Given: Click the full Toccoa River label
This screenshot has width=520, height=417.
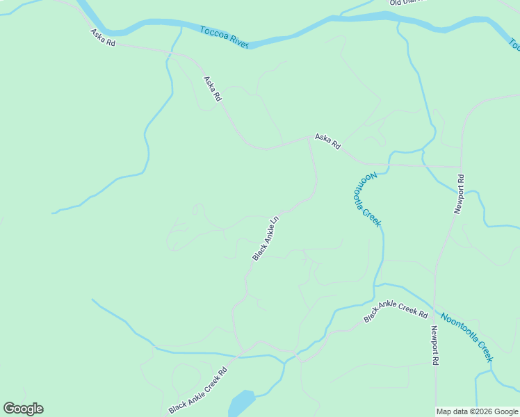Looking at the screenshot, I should pyautogui.click(x=224, y=37).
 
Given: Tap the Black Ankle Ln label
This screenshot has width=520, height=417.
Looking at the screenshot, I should pyautogui.click(x=266, y=238).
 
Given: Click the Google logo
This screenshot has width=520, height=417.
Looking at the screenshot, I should pyautogui.click(x=23, y=409).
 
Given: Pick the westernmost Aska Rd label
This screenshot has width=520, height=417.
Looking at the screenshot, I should pyautogui.click(x=102, y=38).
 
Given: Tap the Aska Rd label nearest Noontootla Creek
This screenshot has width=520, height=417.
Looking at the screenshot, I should pyautogui.click(x=327, y=141).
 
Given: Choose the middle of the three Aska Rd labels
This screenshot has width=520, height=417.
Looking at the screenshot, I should pyautogui.click(x=212, y=89).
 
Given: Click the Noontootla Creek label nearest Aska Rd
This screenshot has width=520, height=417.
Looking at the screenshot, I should pyautogui.click(x=366, y=199).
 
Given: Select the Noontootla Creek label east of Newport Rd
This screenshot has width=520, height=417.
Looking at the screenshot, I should pyautogui.click(x=466, y=336).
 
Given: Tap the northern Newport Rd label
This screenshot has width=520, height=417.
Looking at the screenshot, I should pyautogui.click(x=459, y=194).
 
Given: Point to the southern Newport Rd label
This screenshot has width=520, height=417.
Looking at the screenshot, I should pyautogui.click(x=434, y=346).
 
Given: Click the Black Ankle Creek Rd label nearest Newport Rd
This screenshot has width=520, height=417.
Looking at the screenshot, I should pyautogui.click(x=396, y=311).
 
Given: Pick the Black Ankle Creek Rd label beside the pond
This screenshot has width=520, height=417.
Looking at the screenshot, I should pyautogui.click(x=198, y=391).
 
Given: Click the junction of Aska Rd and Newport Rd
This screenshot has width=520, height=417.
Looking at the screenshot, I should pyautogui.click(x=461, y=167).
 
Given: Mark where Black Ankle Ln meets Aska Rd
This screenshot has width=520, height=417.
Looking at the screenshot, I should pyautogui.click(x=308, y=138).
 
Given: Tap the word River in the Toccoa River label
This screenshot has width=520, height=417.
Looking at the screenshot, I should pyautogui.click(x=238, y=41).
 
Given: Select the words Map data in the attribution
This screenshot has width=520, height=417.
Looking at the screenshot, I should pyautogui.click(x=452, y=411).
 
